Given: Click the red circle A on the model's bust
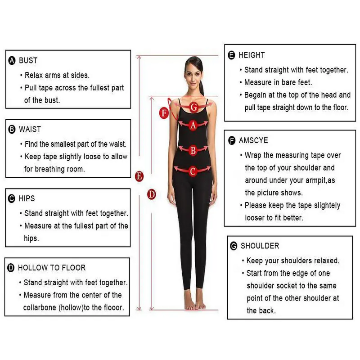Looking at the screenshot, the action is pyautogui.click(x=193, y=125).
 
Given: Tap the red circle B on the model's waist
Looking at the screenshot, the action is pyautogui.click(x=193, y=150).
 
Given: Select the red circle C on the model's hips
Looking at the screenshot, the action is pyautogui.click(x=193, y=171).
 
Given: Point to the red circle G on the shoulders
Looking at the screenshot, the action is pyautogui.click(x=194, y=107).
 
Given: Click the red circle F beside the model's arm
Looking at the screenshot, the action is pyautogui.click(x=164, y=113).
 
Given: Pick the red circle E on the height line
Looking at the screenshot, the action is pyautogui.click(x=139, y=176).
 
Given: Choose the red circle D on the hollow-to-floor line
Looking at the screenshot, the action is pyautogui.click(x=151, y=194).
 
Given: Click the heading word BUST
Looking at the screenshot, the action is pyautogui.click(x=28, y=60).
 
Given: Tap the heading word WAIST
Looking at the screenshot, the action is pyautogui.click(x=30, y=129).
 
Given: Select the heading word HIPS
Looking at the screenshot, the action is pyautogui.click(x=27, y=198).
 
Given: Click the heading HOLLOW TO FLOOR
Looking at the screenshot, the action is pyautogui.click(x=52, y=268).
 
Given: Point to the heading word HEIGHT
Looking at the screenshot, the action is pyautogui.click(x=252, y=55).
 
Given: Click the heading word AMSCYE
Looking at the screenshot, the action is pyautogui.click(x=253, y=140).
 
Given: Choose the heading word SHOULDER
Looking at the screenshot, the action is pyautogui.click(x=260, y=246).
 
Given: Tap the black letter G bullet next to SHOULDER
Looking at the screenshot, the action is pyautogui.click(x=234, y=246).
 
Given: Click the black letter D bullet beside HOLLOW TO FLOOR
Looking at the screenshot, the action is pyautogui.click(x=11, y=268).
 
